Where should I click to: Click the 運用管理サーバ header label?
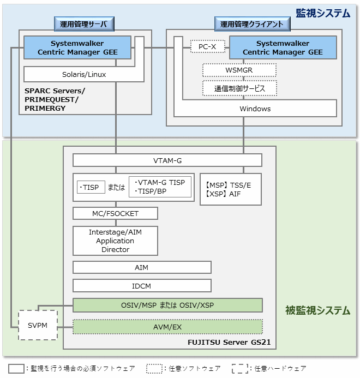(84, 23)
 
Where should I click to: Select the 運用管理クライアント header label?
(251, 23)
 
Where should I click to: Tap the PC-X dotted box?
(207, 47)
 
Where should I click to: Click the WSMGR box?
(239, 70)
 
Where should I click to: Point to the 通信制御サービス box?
(239, 88)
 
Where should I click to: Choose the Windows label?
(255, 109)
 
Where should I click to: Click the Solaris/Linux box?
(84, 74)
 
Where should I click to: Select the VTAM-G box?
(167, 160)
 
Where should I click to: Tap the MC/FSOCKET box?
(115, 213)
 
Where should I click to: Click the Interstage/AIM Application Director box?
(115, 241)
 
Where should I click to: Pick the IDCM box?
(142, 285)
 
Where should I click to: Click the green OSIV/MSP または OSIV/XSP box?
(167, 304)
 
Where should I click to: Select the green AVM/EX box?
(167, 326)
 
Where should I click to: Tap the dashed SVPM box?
(38, 325)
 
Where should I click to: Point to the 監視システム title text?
(322, 13)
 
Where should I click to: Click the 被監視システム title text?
(317, 310)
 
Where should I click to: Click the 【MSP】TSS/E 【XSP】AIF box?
(229, 190)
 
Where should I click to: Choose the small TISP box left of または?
(91, 187)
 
